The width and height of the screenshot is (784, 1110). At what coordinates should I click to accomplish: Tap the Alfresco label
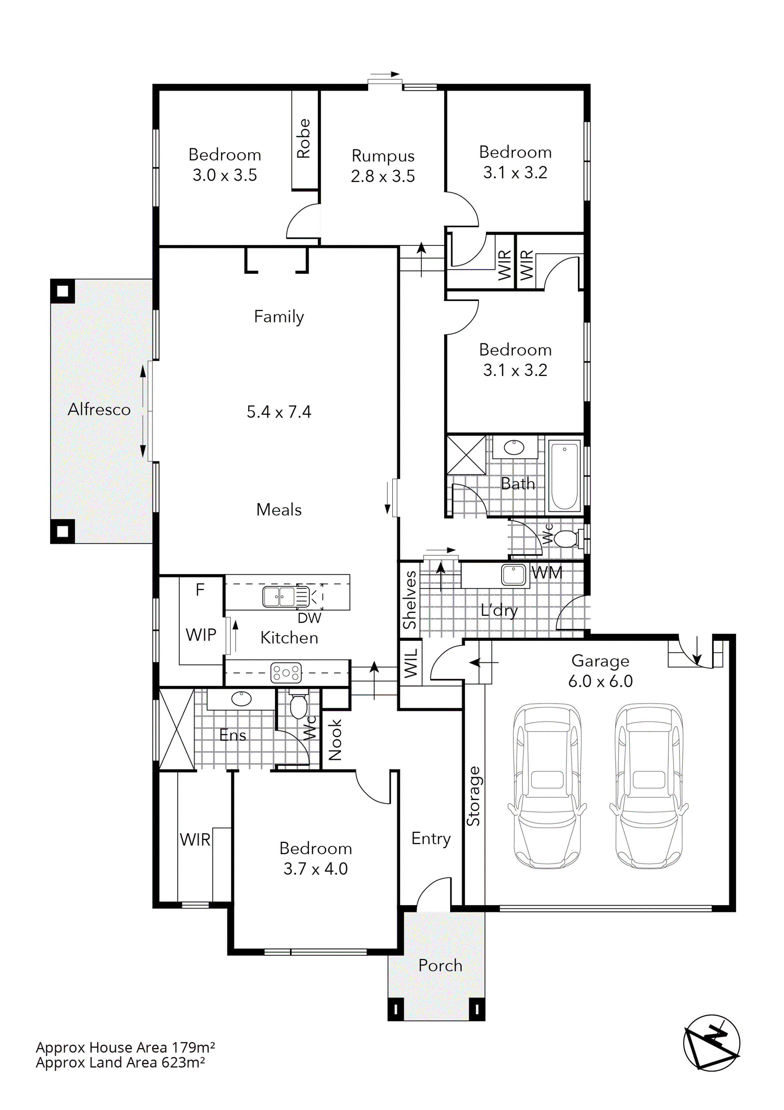point(99,409)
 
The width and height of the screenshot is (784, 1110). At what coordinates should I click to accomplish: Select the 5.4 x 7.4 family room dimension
point(279,412)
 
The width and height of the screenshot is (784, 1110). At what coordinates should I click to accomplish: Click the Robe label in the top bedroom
point(304,139)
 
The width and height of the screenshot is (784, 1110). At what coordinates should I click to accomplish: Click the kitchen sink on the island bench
point(279,596)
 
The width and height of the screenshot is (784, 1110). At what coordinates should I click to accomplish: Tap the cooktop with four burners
point(286,672)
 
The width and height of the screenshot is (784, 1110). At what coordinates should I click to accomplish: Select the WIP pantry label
point(201,635)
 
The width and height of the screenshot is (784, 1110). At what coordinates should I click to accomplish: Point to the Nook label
point(335,740)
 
